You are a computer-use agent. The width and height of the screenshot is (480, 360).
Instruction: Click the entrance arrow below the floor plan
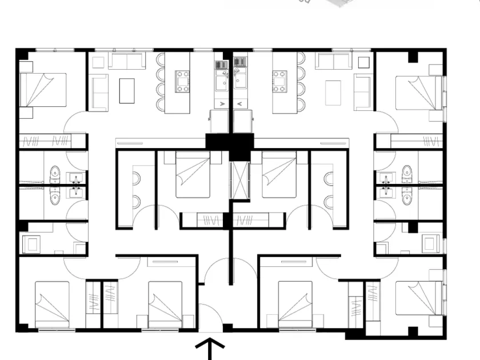pos(212,348)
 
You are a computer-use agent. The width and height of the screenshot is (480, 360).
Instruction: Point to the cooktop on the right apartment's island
pos(279,81)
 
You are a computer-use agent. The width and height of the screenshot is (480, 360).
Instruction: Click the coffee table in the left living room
pos(127,90)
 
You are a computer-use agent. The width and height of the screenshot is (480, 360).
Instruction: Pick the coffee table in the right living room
pos(333,90)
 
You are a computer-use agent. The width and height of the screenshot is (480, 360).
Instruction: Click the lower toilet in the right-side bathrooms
pos(407,195)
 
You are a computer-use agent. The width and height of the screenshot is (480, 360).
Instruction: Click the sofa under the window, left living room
pos(127,61)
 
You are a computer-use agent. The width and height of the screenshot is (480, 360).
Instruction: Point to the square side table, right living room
pos(361,61)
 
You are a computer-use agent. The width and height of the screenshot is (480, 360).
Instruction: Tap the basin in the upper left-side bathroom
pos(74,178)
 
